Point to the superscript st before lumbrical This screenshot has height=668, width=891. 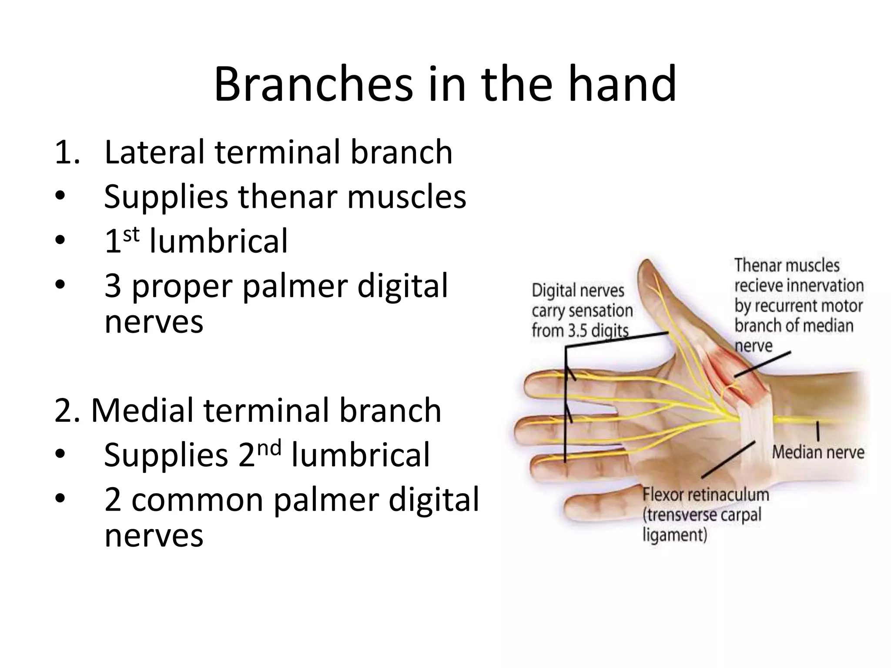pos(131,235)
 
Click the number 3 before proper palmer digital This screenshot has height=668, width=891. pos(113,286)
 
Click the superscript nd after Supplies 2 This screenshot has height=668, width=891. pos(269,448)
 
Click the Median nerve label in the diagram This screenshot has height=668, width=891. pos(818,452)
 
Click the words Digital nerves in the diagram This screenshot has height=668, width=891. pos(578,291)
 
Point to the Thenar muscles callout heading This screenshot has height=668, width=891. pos(787,265)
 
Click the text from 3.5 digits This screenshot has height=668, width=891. pos(580,331)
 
